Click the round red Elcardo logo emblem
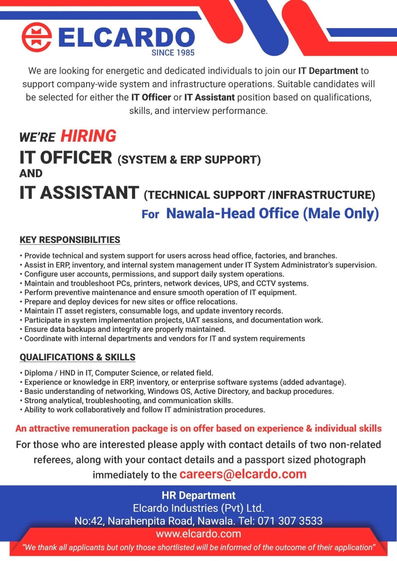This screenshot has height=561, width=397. click(x=37, y=37)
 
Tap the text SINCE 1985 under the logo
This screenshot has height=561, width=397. click(x=172, y=53)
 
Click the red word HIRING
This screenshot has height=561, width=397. click(x=88, y=136)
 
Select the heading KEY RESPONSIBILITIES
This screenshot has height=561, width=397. click(x=70, y=240)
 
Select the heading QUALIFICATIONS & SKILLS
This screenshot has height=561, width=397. click(x=77, y=357)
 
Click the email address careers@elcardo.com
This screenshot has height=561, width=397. click(x=243, y=474)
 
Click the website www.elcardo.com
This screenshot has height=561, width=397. click(x=198, y=534)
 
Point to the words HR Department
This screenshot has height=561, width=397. click(x=198, y=496)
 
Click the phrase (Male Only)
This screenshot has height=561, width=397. click(x=340, y=213)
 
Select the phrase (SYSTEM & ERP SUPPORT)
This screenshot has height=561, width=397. click(x=189, y=160)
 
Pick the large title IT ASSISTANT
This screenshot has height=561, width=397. click(x=79, y=193)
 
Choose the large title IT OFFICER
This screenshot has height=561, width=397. click(x=66, y=157)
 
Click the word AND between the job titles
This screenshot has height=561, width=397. click(x=31, y=174)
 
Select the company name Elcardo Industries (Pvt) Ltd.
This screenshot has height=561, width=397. click(x=198, y=508)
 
